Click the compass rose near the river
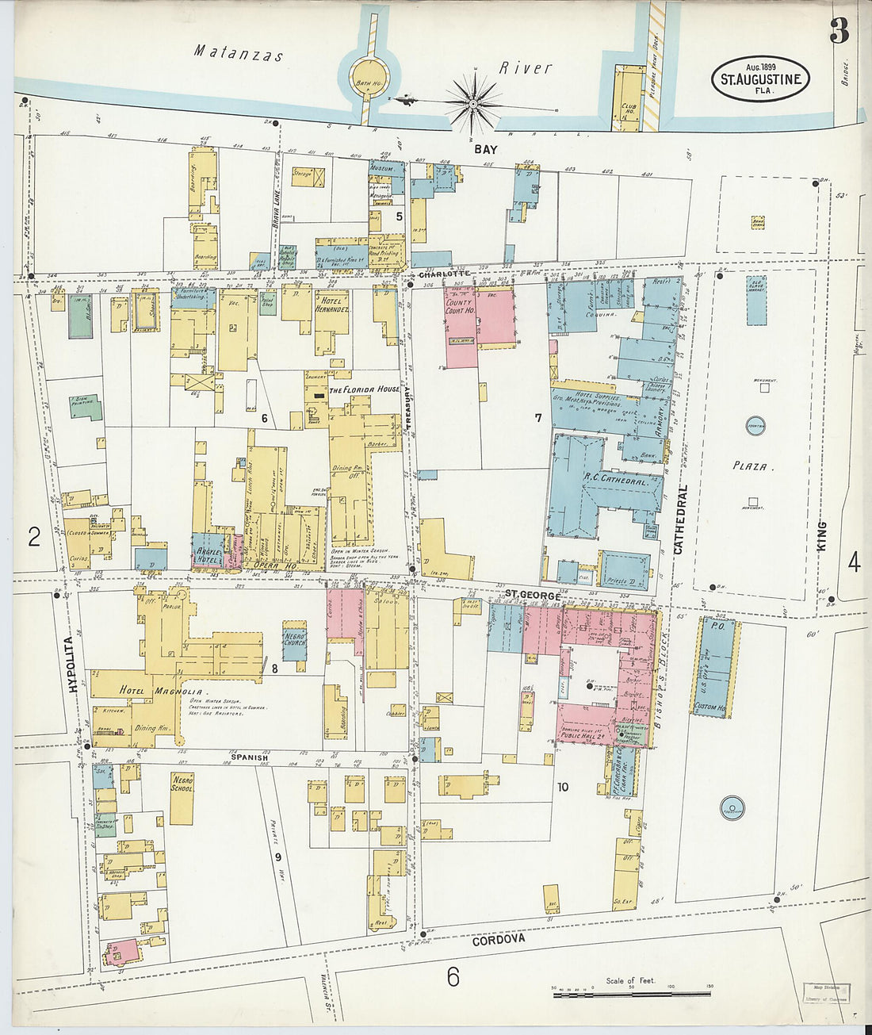(473, 103)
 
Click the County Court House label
(460, 306)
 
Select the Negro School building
(182, 798)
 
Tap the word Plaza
(750, 466)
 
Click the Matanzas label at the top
(239, 54)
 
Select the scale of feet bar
(631, 993)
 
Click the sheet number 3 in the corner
(839, 31)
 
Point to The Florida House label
(365, 389)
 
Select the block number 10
(562, 788)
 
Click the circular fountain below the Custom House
(732, 809)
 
